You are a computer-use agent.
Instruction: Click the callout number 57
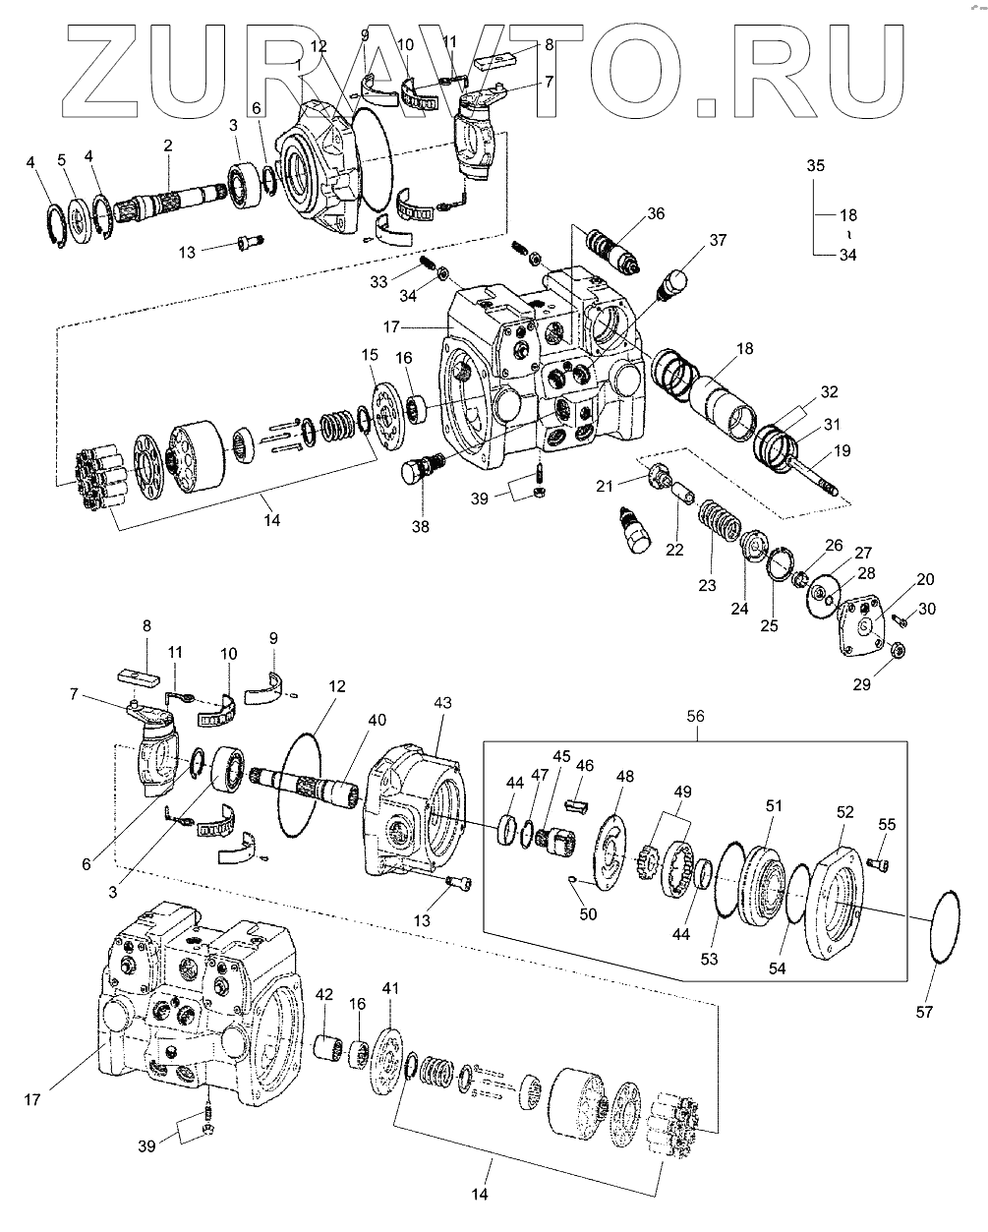point(924,1012)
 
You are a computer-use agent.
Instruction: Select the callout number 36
point(656,213)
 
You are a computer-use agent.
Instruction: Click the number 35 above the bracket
point(816,165)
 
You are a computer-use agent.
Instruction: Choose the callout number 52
point(844,812)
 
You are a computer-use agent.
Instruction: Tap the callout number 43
point(442,702)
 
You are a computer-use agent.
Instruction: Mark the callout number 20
point(925,579)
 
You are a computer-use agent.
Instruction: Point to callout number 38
point(420,526)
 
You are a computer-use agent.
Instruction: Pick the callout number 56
point(695,716)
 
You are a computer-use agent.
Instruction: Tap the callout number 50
point(588,914)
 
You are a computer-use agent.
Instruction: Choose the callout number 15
point(370,355)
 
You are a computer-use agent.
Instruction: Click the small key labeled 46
point(576,806)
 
